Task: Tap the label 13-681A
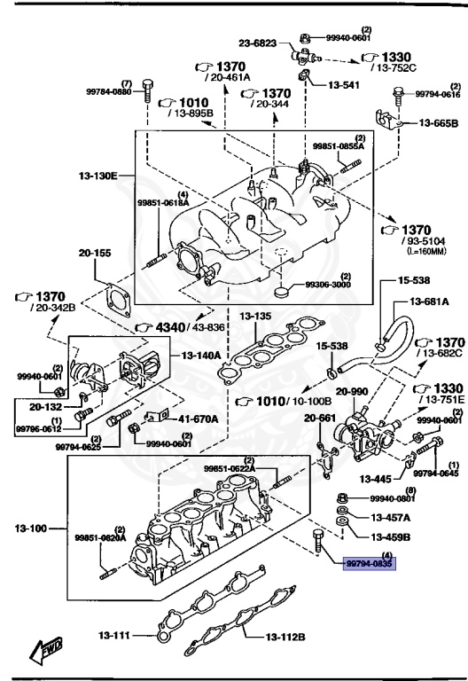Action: pyautogui.click(x=429, y=302)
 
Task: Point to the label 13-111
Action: pyautogui.click(x=113, y=635)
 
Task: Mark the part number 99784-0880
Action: pyautogui.click(x=108, y=91)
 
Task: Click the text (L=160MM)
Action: pyautogui.click(x=425, y=250)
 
